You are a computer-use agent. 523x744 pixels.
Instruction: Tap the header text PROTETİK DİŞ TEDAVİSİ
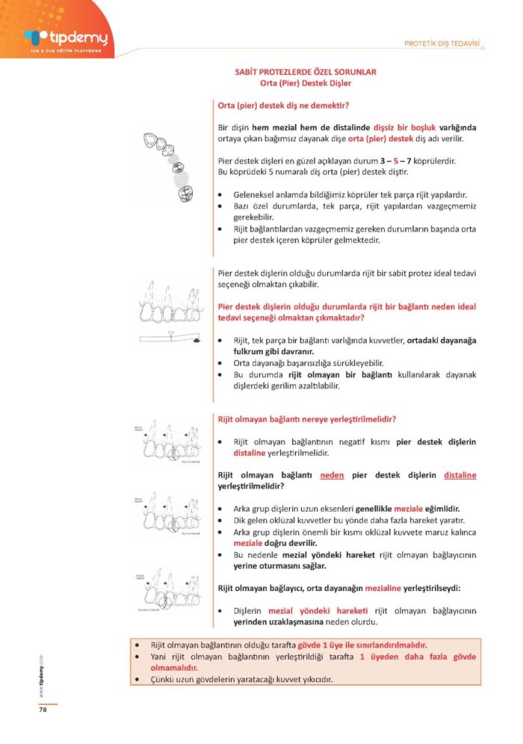[441, 43]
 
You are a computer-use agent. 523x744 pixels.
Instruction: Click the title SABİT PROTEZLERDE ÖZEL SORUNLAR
[306, 72]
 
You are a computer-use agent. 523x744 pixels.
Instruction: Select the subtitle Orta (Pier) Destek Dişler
[306, 83]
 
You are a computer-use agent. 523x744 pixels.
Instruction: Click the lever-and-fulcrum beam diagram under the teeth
[170, 341]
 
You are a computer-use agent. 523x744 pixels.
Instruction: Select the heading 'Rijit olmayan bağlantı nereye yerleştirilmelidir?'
[306, 418]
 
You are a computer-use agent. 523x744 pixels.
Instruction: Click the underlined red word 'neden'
[332, 475]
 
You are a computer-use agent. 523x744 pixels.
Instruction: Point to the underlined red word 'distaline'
[459, 475]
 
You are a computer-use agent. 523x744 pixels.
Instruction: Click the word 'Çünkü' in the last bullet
[162, 679]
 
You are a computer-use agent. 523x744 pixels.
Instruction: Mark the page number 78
[43, 710]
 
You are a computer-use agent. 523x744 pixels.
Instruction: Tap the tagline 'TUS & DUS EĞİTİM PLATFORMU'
[57, 49]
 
